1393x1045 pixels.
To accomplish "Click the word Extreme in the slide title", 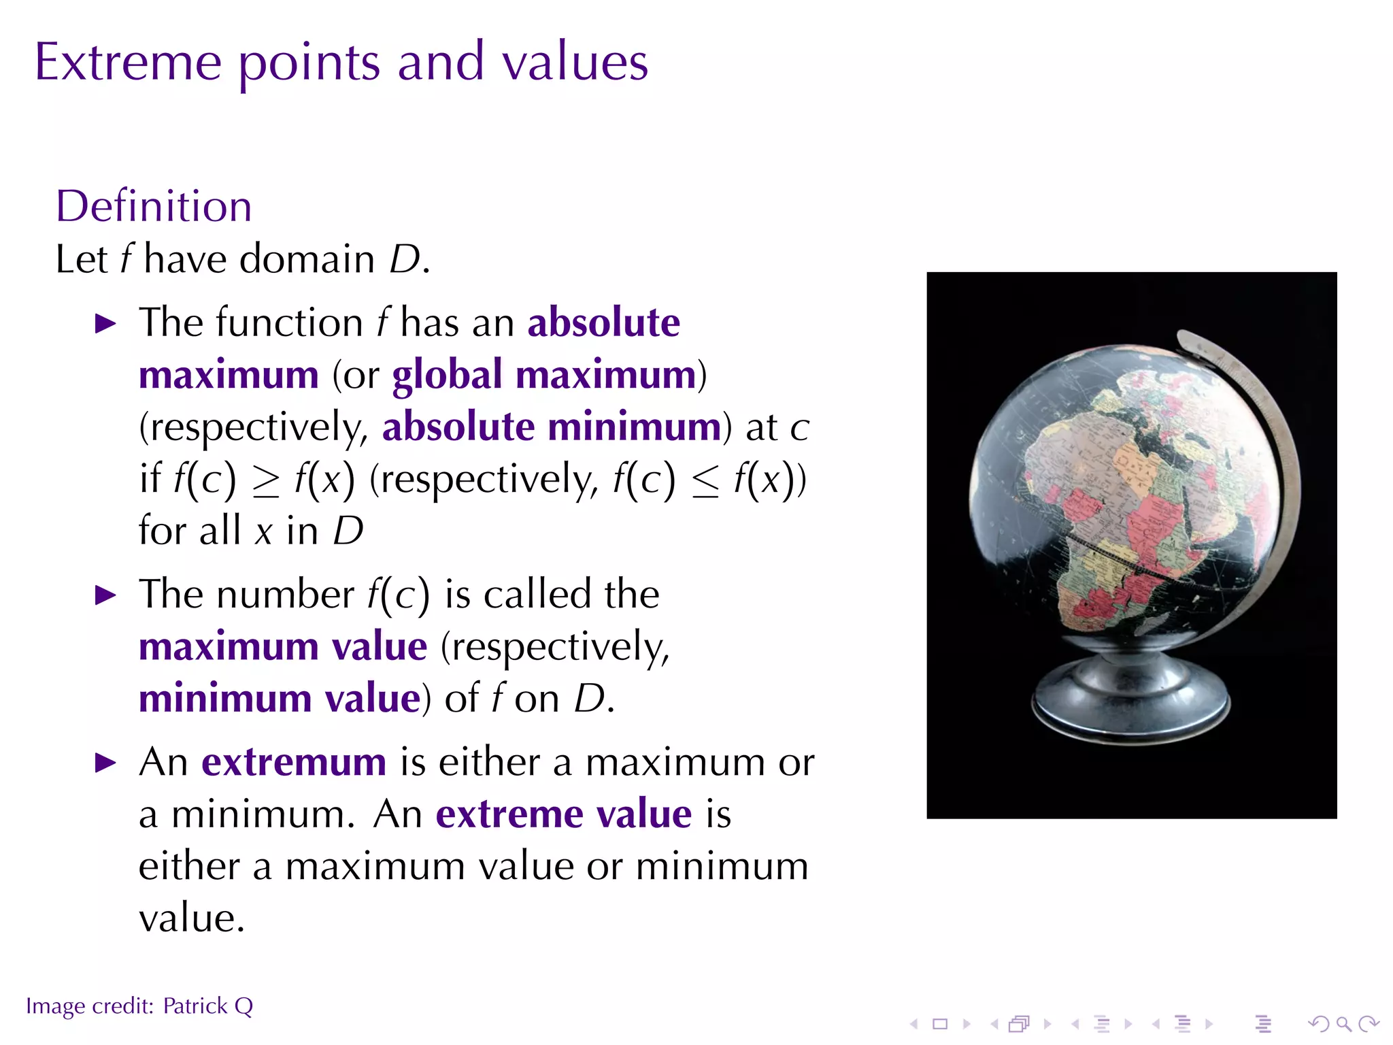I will click(x=128, y=63).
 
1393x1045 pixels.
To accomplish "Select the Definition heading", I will click(x=154, y=206).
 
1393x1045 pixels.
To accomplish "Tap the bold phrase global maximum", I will click(x=544, y=375).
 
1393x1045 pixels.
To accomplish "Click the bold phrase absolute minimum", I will click(x=552, y=427).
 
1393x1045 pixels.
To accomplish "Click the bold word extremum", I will click(x=294, y=762).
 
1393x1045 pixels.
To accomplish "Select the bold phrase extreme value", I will click(x=564, y=814).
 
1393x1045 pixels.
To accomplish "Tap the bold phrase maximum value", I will click(x=283, y=646).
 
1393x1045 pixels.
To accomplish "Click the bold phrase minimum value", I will click(x=280, y=699).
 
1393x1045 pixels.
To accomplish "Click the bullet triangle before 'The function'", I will click(x=105, y=324).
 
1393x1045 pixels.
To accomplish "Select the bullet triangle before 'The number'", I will click(x=105, y=596).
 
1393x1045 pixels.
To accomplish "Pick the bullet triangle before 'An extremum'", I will click(x=105, y=763).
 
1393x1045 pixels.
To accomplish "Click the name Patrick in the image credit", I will click(x=195, y=1006).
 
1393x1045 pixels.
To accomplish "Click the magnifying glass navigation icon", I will click(x=1343, y=1024).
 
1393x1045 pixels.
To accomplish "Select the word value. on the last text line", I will click(x=192, y=919).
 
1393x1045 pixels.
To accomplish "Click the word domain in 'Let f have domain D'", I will click(x=307, y=260).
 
